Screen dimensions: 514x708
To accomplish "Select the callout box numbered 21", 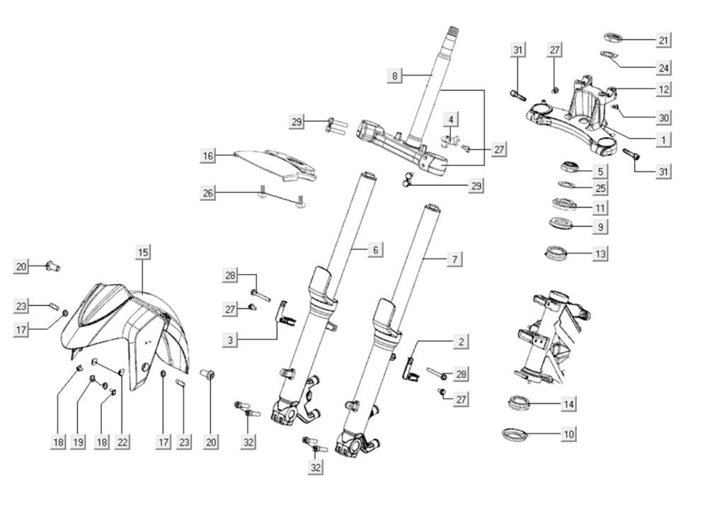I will point(663,40).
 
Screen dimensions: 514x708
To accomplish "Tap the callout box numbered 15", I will point(143,252).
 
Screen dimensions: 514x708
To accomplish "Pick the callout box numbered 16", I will point(207,156).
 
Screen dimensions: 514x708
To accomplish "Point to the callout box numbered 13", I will point(600,253).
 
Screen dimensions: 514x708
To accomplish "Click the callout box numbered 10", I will point(568,433).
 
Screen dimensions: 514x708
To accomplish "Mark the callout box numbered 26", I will point(207,193).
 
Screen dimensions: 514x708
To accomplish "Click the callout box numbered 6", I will point(376,250).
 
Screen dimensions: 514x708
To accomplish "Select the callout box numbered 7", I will point(454,260).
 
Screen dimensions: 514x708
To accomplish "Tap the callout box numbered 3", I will point(229,341).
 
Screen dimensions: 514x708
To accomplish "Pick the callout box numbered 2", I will point(461,342).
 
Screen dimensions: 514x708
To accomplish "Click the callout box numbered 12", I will point(663,90).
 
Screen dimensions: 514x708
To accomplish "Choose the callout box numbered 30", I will point(663,118).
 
